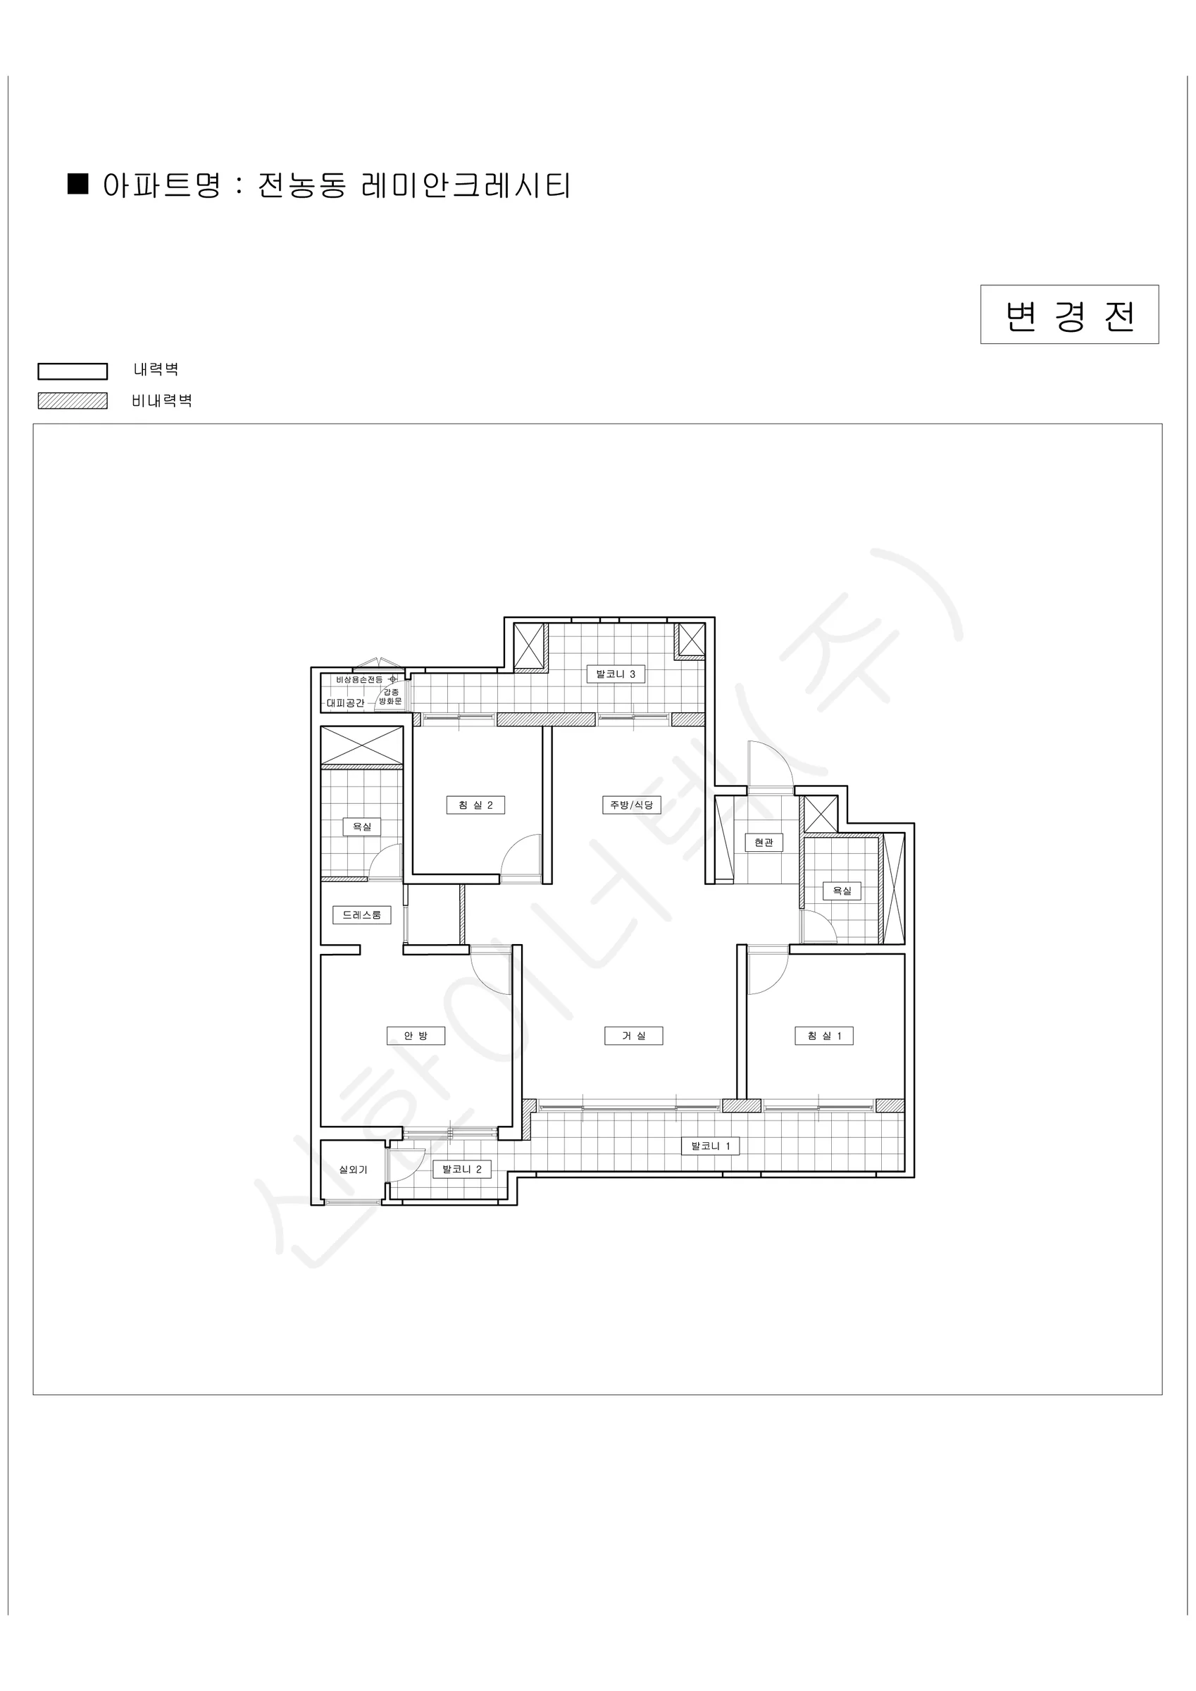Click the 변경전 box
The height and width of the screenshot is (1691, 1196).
coord(1069,314)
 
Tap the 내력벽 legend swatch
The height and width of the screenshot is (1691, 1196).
coord(72,371)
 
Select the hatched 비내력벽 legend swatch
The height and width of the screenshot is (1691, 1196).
coord(72,401)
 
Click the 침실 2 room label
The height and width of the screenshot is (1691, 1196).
coord(475,805)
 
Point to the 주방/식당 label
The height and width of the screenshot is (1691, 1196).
coord(631,805)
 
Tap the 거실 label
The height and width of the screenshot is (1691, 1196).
coord(633,1036)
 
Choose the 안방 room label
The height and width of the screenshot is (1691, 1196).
coord(416,1036)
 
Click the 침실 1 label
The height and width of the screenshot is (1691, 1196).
coord(824,1036)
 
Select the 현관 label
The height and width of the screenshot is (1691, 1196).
coord(764,842)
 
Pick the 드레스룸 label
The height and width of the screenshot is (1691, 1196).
coord(361,915)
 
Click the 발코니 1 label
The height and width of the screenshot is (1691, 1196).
coord(710,1146)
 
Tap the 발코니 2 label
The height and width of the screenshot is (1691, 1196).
coord(462,1169)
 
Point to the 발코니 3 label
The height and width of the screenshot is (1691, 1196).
coord(616,674)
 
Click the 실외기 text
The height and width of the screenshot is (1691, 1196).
coord(353,1170)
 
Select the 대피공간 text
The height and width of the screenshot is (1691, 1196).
coord(345,703)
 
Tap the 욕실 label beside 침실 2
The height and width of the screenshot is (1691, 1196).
coord(362,826)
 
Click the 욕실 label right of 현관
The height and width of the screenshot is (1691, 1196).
coord(842,891)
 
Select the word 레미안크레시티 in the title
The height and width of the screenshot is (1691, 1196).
coord(466,185)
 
